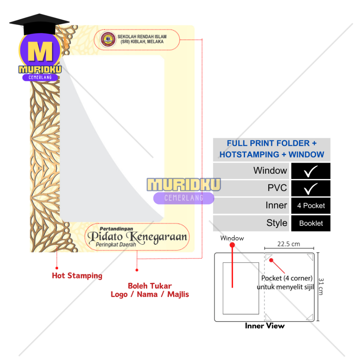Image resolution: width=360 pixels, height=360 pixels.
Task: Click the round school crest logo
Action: point(108,39)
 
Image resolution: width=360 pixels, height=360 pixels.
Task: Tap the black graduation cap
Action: point(39,24)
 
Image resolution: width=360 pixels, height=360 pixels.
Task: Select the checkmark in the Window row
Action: point(310,171)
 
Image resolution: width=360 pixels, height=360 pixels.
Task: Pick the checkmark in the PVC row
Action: point(310,188)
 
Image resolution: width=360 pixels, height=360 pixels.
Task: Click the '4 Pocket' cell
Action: point(311,206)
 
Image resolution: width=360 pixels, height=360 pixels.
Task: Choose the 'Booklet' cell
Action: point(311,223)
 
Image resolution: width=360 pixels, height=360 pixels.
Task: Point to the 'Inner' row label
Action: point(276,205)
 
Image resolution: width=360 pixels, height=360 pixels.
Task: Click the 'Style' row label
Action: point(277,223)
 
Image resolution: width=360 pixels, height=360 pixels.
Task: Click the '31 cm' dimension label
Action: point(321,287)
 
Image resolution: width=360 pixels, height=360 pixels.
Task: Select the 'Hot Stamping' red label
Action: point(77,276)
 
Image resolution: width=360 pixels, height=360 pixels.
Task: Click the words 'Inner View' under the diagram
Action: point(265,326)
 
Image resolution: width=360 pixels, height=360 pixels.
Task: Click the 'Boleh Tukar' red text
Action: point(150,286)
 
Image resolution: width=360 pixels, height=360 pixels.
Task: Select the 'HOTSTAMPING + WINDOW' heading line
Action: point(272,154)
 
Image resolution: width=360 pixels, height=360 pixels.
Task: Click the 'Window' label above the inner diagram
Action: point(232,238)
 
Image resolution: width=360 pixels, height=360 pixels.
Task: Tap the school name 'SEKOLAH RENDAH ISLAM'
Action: point(142,37)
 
